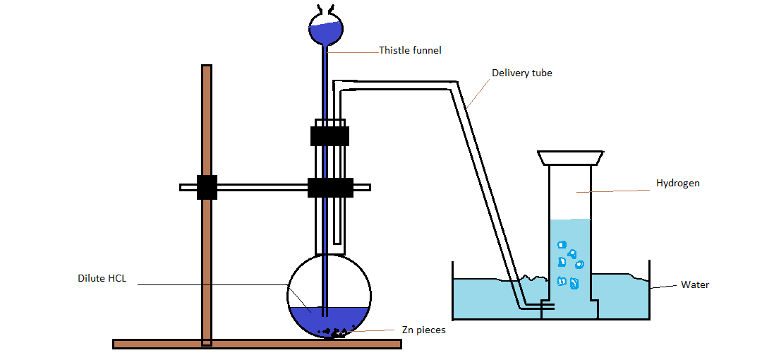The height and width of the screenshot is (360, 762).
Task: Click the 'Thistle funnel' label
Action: tap(410, 50)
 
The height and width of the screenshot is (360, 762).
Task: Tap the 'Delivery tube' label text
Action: tap(521, 73)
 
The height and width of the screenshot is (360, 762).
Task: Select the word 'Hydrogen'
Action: tap(677, 183)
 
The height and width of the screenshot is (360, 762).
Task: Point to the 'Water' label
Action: tap(694, 285)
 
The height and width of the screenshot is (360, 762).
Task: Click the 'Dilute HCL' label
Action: tap(102, 278)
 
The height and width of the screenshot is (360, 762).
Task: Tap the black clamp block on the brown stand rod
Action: tap(207, 187)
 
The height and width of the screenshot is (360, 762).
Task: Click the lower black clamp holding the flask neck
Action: tap(330, 187)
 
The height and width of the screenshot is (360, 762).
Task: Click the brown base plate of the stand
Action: tap(257, 344)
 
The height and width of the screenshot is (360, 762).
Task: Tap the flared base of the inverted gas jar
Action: tap(569, 157)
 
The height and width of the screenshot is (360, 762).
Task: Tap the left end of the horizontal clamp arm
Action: tap(185, 187)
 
